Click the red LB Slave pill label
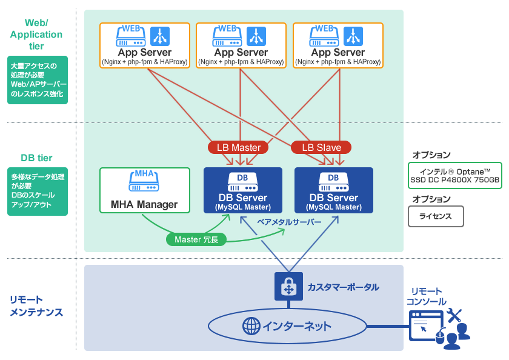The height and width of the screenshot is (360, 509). [x=321, y=147]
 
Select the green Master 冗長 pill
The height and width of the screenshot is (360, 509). [x=196, y=239]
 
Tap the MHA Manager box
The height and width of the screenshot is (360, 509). [x=144, y=190]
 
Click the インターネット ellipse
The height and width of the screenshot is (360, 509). [x=287, y=327]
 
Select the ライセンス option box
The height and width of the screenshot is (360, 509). [x=435, y=216]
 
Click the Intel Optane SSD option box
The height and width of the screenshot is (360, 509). [x=454, y=176]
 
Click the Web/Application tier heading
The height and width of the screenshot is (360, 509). [x=36, y=35]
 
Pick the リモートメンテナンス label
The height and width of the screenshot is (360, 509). [x=36, y=306]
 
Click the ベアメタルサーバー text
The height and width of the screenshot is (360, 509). [x=290, y=222]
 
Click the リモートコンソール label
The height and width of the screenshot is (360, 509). [x=426, y=296]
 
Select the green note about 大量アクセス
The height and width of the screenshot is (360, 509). [x=38, y=80]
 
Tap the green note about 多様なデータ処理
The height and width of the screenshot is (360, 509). [x=38, y=190]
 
